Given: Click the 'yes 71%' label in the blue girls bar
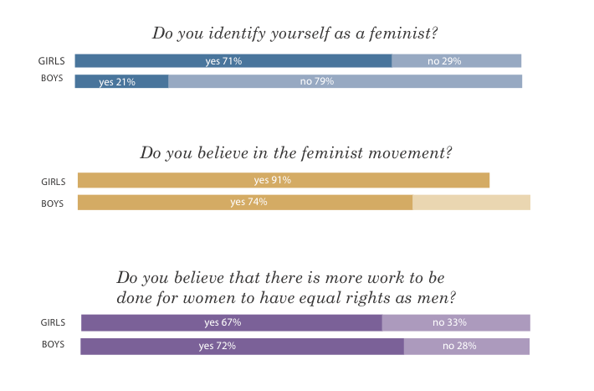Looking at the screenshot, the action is click(x=223, y=61).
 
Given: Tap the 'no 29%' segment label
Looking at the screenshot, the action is click(x=444, y=61).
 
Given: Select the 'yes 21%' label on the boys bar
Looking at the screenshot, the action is click(x=117, y=82).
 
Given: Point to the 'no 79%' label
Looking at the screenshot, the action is click(x=317, y=81).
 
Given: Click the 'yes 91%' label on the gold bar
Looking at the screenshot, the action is click(x=273, y=180).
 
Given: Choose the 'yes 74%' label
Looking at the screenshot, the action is click(x=248, y=202).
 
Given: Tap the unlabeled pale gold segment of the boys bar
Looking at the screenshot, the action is click(x=471, y=203).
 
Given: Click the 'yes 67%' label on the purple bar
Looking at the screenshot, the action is click(x=223, y=322).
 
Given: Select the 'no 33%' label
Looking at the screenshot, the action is click(x=449, y=322).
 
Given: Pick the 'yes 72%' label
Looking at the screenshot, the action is click(x=217, y=346).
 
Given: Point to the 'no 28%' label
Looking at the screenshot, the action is click(x=459, y=346).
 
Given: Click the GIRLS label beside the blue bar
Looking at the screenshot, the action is click(x=52, y=61).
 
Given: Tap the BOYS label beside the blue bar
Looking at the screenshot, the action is click(x=52, y=78).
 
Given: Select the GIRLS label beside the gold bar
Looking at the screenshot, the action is click(x=54, y=182).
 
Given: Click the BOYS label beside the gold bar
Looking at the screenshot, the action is click(x=52, y=203).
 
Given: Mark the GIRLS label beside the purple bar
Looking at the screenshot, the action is click(x=53, y=322).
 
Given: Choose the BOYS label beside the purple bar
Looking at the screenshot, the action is click(x=53, y=344).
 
